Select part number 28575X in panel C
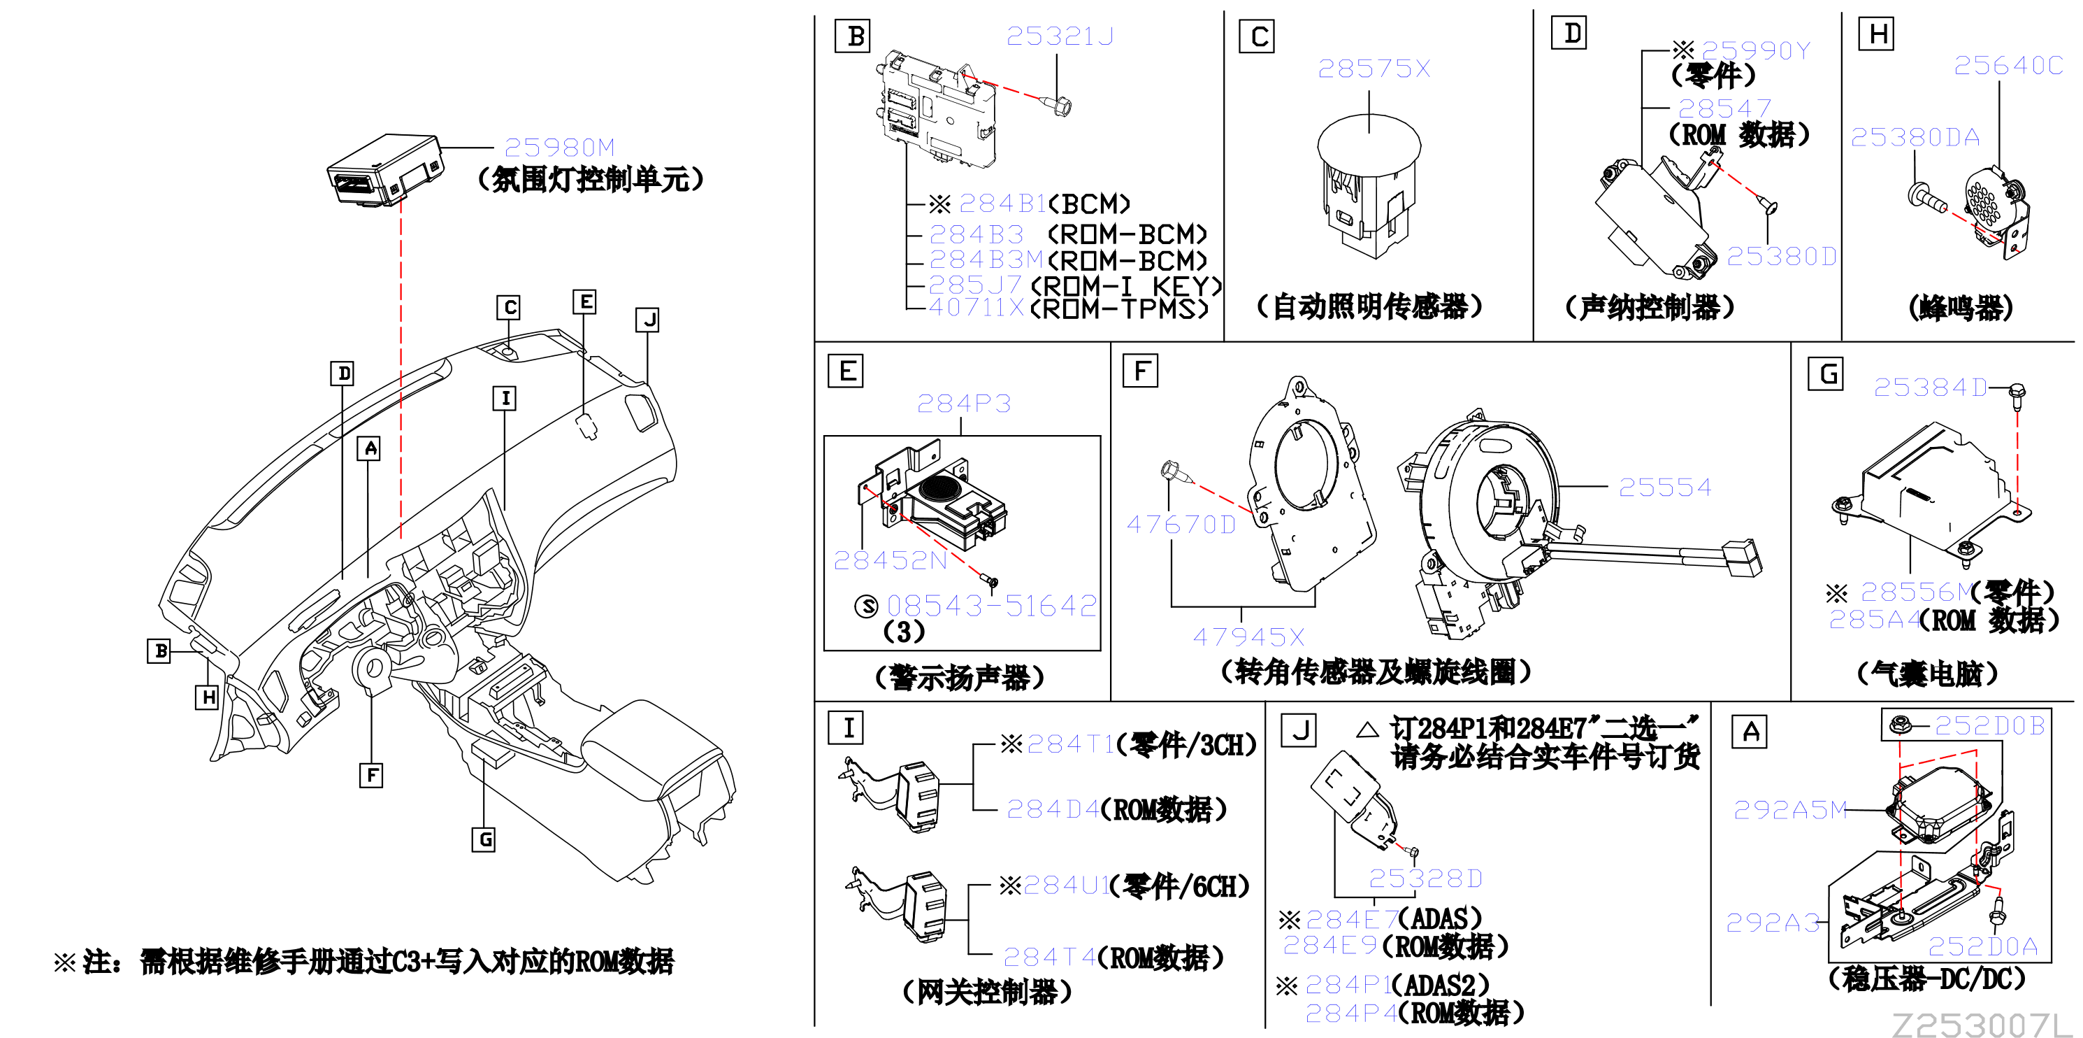point(1374,69)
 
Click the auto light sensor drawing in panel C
point(1369,185)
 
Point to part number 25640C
point(2009,66)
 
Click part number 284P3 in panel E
point(964,403)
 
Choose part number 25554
point(1665,487)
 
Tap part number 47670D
point(1181,525)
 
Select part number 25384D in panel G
point(1930,388)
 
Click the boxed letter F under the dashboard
point(371,775)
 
